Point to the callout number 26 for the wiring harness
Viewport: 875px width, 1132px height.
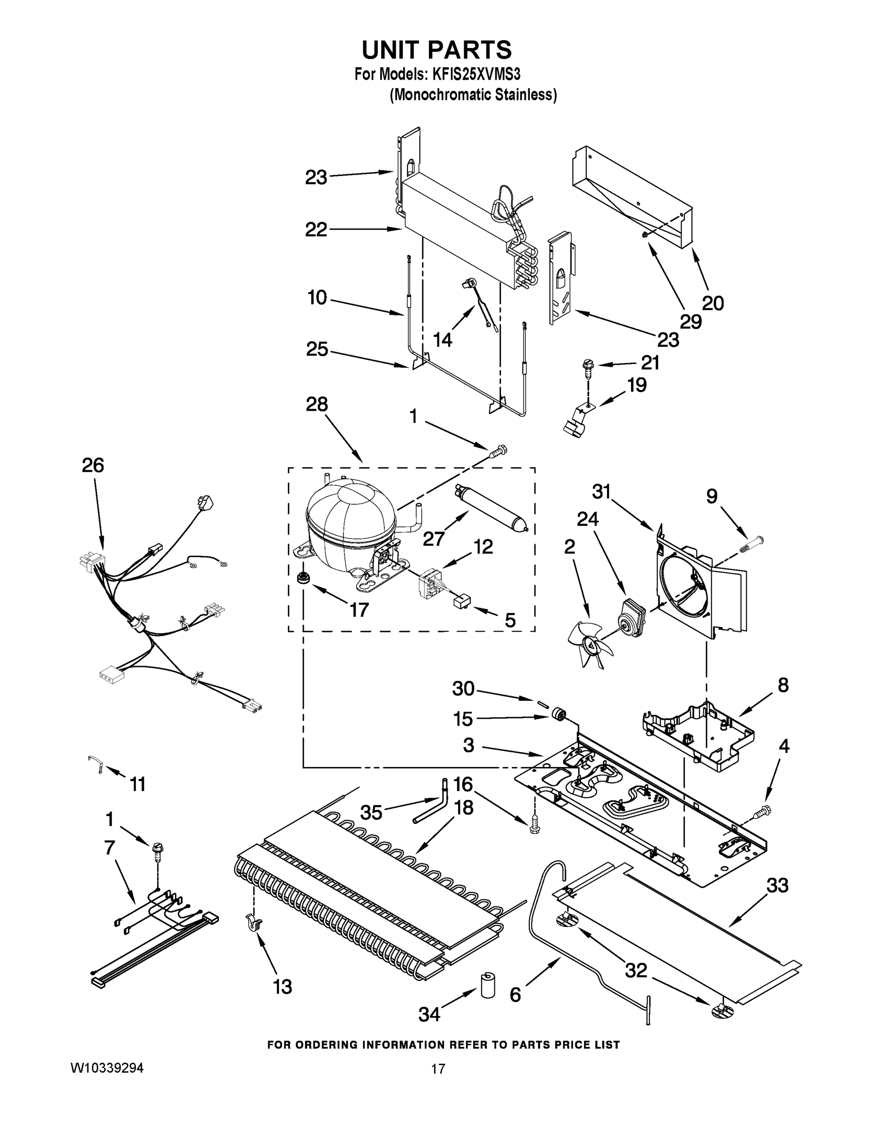(93, 465)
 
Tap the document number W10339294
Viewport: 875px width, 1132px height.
(106, 1068)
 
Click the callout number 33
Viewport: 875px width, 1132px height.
(777, 885)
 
